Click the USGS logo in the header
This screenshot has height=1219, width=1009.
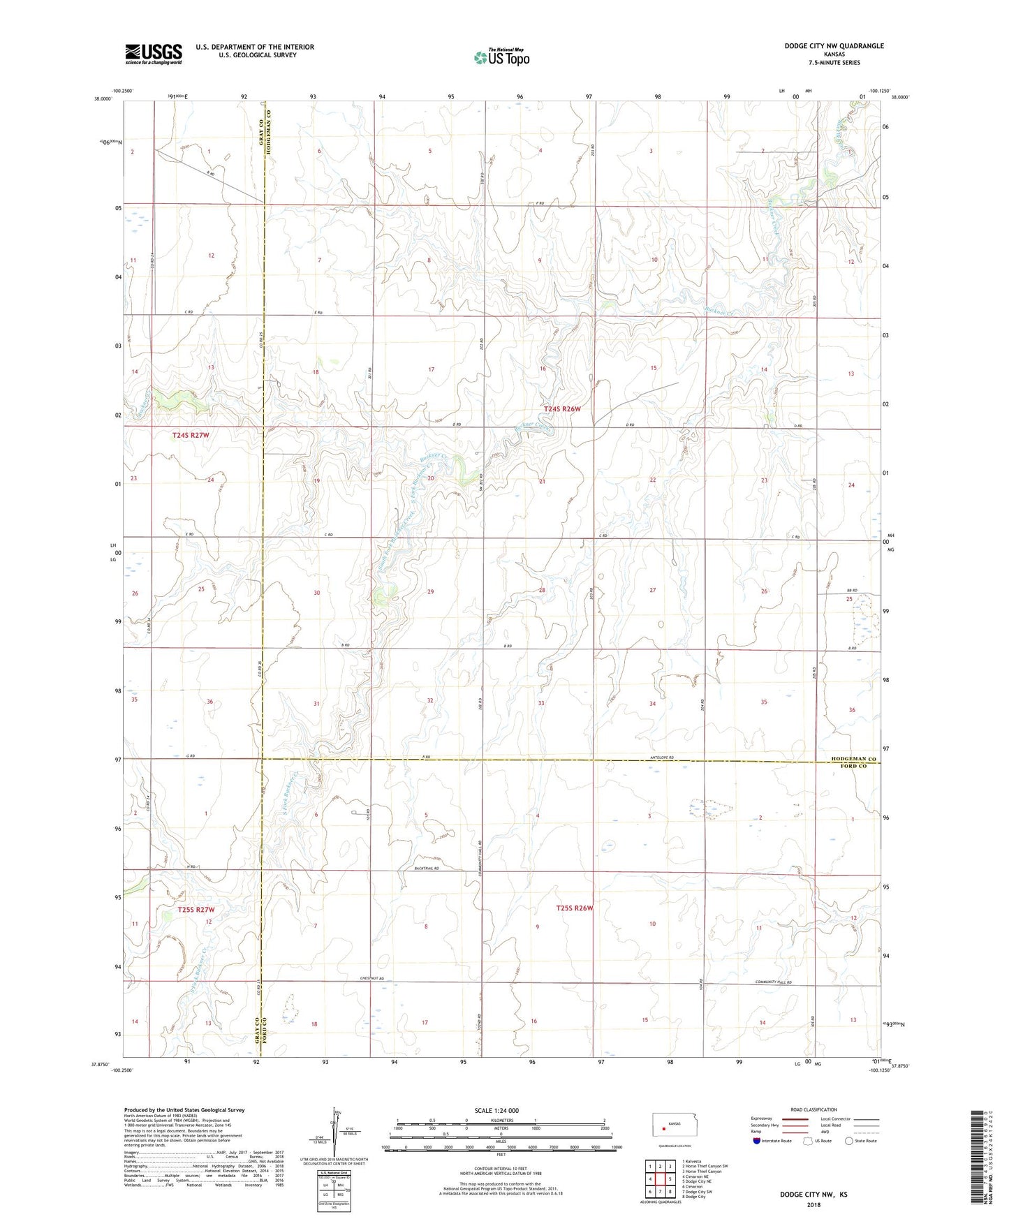point(154,54)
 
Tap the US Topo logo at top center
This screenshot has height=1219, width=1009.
point(501,57)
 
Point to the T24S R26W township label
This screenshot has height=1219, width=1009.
point(562,409)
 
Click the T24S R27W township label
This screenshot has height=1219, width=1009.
point(191,435)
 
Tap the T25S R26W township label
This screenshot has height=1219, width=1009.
point(575,908)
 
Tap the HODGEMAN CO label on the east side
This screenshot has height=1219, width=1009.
point(853,758)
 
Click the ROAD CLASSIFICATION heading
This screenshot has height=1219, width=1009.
point(813,1109)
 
